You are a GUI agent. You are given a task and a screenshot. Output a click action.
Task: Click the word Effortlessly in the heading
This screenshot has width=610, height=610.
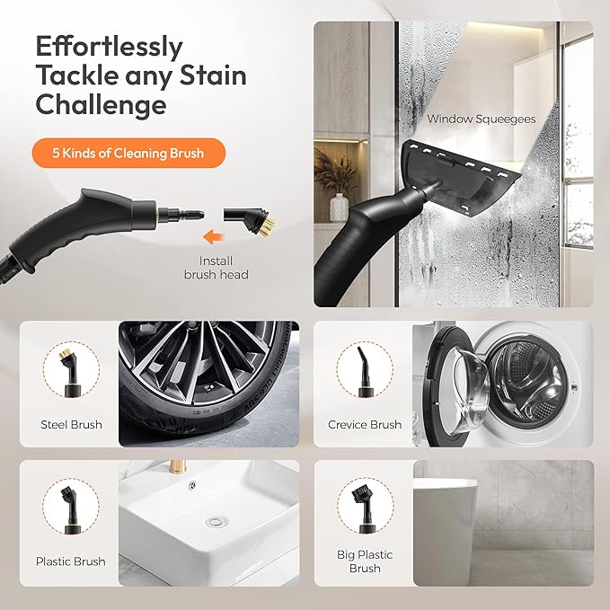tap(109, 46)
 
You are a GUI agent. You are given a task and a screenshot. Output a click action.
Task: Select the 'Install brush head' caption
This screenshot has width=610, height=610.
tap(215, 267)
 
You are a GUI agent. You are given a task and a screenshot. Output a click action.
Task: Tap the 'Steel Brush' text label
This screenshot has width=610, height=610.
tap(71, 424)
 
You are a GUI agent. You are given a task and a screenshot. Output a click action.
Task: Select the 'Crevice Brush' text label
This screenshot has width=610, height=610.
tap(365, 424)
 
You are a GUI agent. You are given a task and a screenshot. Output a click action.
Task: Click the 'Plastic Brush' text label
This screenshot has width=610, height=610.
tap(71, 561)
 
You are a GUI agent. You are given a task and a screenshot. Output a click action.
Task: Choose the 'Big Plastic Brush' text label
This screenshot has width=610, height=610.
tap(365, 561)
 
